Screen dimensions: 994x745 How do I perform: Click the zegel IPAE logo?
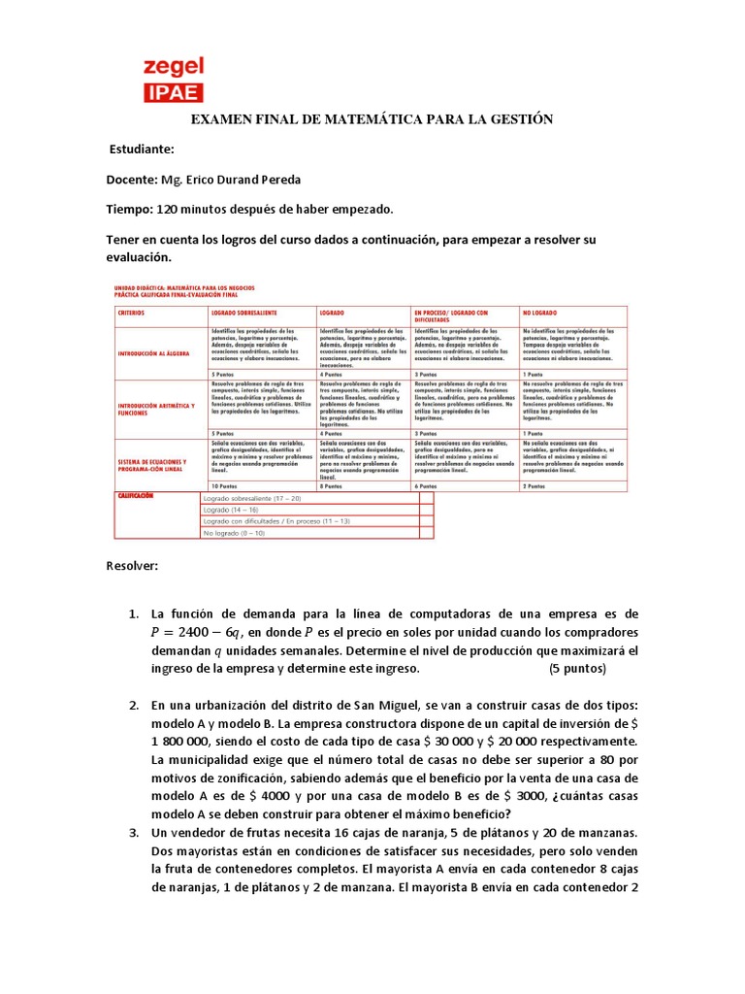pos(174,79)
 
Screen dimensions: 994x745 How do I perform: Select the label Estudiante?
pos(142,149)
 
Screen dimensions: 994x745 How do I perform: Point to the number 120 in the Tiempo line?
pos(169,210)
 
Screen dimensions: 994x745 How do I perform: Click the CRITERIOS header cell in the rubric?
pos(136,315)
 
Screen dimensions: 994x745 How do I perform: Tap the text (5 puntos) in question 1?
pos(577,669)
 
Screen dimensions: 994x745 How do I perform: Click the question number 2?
pos(135,703)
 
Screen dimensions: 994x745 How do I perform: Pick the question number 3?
pos(135,833)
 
